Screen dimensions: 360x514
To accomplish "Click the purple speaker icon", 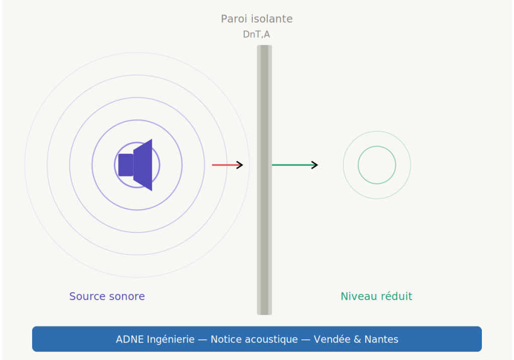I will (136, 165).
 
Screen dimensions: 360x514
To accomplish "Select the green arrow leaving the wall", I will (294, 165).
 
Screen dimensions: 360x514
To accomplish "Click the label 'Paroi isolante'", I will (256, 19).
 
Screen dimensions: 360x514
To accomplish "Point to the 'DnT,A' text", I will (256, 35).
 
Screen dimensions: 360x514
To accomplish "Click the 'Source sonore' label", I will (107, 296).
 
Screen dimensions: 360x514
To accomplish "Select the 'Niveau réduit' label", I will (376, 296).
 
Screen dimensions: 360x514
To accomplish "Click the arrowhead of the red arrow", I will (240, 165).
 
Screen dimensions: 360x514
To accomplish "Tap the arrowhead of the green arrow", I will (315, 165).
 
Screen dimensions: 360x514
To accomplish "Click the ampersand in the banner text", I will (357, 339).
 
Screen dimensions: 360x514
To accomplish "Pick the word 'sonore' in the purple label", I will (127, 296).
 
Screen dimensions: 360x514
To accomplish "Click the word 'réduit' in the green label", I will (396, 296).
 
